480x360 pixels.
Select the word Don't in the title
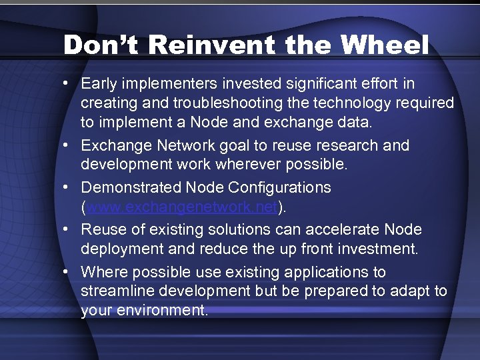tap(100, 45)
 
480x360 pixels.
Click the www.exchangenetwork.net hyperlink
tap(181, 208)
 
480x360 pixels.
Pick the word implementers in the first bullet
tap(159, 84)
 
